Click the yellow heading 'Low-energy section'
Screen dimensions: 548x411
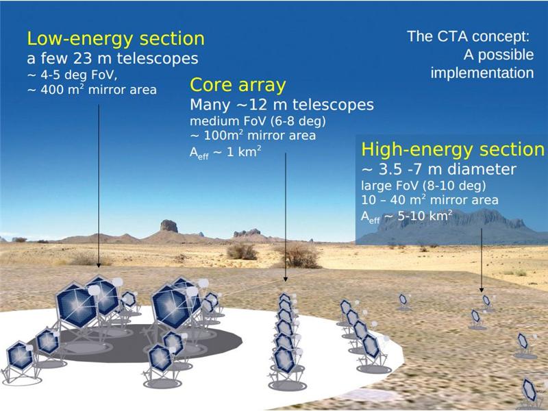coord(116,39)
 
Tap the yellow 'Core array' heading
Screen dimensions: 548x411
coord(238,85)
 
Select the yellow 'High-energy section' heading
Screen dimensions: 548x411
coord(453,149)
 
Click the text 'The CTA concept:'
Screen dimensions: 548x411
coord(469,36)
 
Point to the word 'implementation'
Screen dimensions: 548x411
coord(482,73)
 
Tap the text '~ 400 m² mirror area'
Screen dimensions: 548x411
coord(92,90)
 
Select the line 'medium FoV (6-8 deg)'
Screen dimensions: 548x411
coord(258,121)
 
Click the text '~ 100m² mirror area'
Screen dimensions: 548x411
coord(253,135)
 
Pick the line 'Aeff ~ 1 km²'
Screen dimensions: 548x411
coord(225,152)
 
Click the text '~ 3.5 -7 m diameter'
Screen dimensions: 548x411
coord(438,169)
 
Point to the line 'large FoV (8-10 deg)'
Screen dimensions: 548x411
coord(423,186)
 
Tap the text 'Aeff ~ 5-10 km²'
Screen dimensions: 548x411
coord(406,216)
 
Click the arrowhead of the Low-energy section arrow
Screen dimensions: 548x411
coord(99,265)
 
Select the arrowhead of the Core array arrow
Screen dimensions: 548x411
coord(286,279)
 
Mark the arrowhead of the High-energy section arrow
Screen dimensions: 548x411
coord(482,290)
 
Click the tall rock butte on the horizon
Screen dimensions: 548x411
coord(169,226)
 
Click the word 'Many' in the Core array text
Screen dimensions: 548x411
coord(210,105)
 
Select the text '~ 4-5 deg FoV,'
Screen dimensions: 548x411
coord(72,75)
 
